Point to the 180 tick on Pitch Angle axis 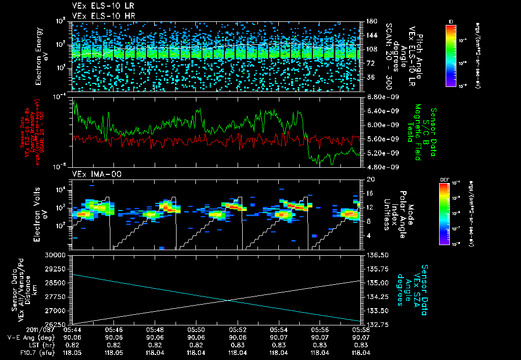[370, 21]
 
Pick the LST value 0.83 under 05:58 [362, 345]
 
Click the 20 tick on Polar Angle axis [369, 179]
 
